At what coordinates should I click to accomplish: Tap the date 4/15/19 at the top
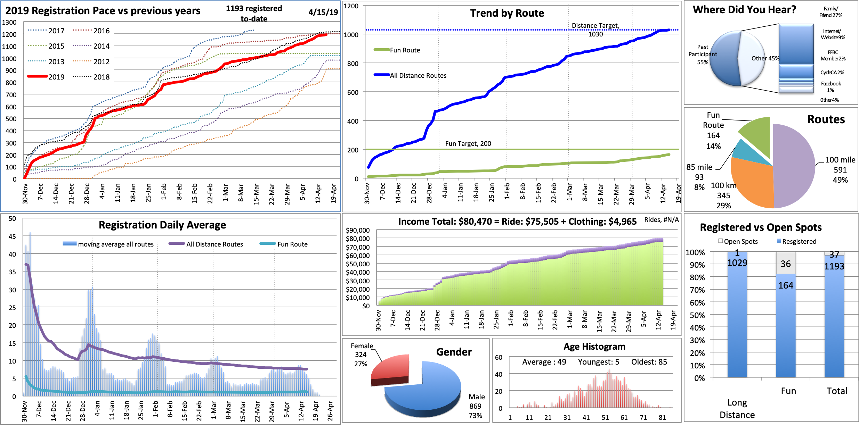coord(323,12)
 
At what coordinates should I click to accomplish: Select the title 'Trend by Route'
coord(507,13)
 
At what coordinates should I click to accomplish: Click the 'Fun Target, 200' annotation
coord(468,143)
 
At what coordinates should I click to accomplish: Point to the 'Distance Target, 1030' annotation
coord(595,30)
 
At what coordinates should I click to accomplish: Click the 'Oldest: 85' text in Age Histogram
coord(649,362)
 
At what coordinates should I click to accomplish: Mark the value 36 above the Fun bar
coord(786,264)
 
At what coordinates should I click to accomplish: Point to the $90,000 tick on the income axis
coord(358,230)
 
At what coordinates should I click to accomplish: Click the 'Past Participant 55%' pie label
coord(702,55)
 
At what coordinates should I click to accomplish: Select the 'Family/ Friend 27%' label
coord(830,12)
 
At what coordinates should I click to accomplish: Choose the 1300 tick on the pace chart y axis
coord(9,22)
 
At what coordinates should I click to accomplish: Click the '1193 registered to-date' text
coord(254,14)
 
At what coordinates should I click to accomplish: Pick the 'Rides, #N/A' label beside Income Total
coord(661,219)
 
